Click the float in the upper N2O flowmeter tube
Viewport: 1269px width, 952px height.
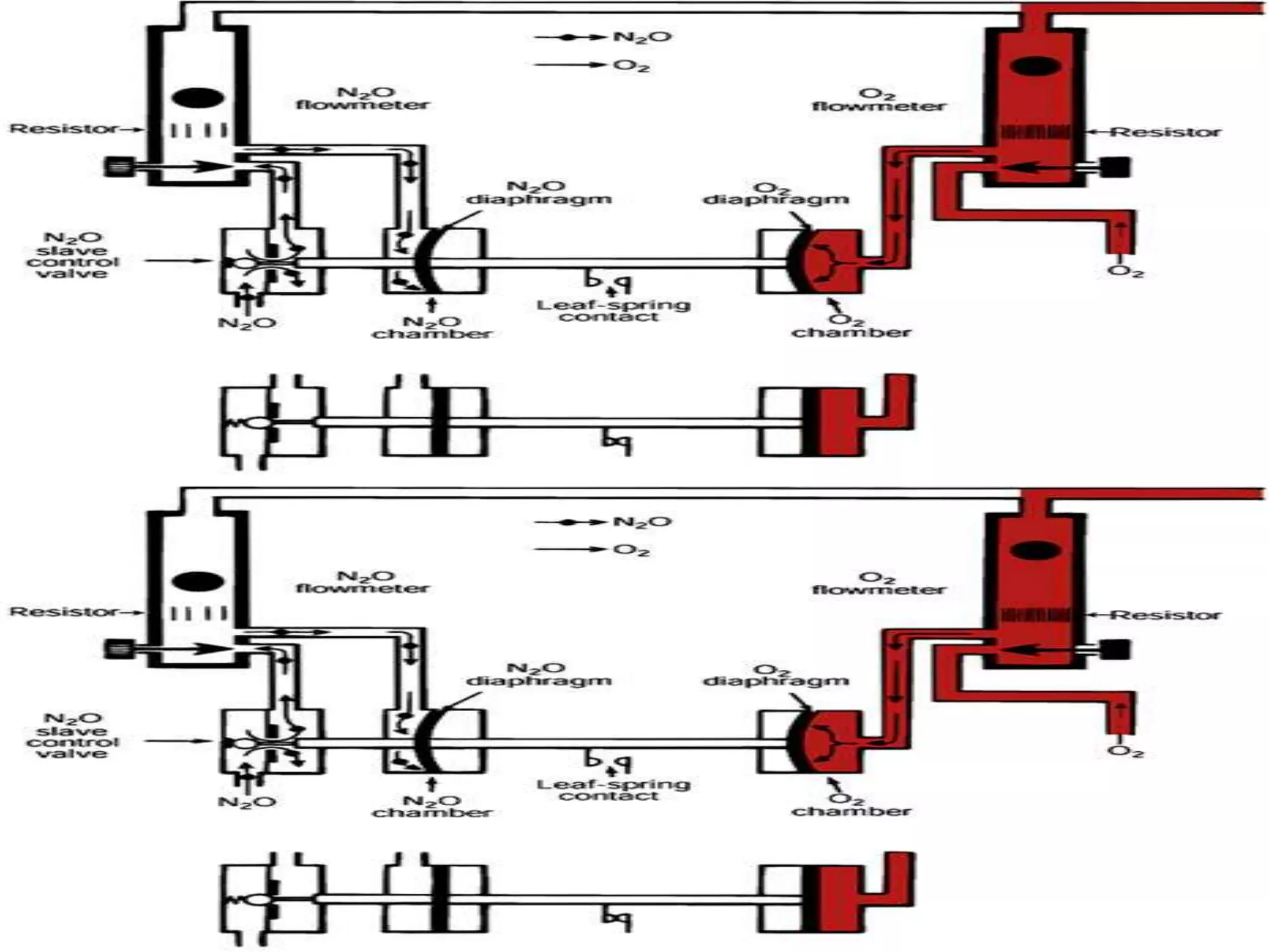pos(197,98)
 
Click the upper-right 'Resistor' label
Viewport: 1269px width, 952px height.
pos(1165,132)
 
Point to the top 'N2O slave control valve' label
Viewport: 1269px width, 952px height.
pos(72,255)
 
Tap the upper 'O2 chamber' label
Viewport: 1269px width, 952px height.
pos(851,327)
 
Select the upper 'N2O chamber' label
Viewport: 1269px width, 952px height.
pos(432,328)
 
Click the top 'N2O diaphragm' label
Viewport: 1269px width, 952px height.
pos(538,193)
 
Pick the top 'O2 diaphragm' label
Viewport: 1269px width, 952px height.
pos(775,194)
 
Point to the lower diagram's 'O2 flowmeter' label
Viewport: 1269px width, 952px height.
pos(878,584)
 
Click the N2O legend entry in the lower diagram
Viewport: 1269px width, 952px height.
pos(641,522)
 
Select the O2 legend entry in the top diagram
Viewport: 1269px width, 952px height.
pos(631,65)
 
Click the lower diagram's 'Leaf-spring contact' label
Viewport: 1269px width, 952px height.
pos(613,790)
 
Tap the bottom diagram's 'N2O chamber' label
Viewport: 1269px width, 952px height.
pos(432,806)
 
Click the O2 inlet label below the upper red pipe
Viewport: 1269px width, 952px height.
pos(1125,271)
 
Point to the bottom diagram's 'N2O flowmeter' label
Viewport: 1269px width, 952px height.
pos(362,582)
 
